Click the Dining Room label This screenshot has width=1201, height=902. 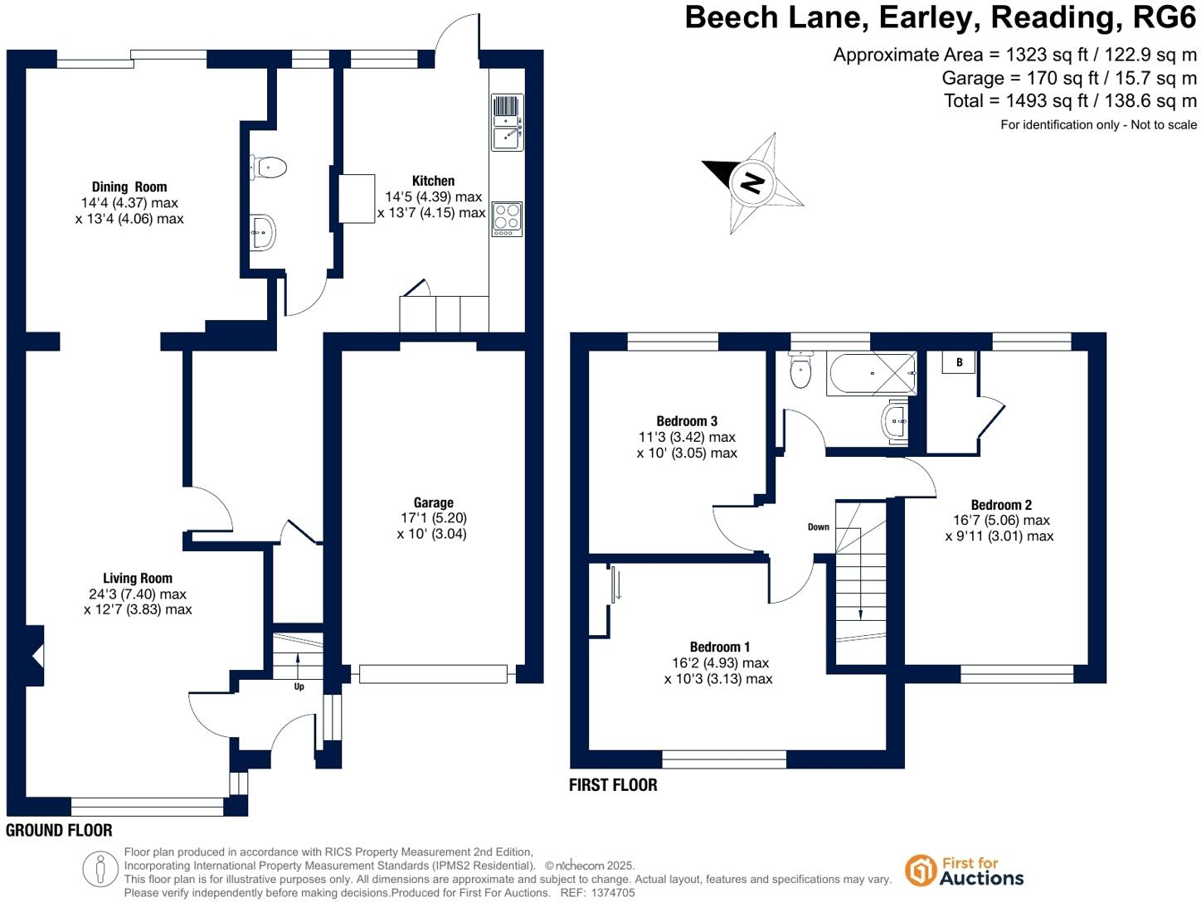coord(129,187)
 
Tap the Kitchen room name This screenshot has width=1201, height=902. coord(433,181)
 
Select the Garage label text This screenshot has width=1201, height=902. coord(433,502)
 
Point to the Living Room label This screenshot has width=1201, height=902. coord(138,579)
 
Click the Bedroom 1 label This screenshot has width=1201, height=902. coord(720,647)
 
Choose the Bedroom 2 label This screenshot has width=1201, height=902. coord(1001,505)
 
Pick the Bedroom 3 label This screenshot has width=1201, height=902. coord(687,421)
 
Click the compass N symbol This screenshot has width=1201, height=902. coord(752,182)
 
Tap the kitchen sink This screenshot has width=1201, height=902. coord(507,123)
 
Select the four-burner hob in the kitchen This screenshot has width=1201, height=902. coord(507,217)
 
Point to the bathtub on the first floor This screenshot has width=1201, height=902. coord(872,373)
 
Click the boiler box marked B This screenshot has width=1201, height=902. coord(959,362)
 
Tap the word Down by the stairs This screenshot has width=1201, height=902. coord(819,527)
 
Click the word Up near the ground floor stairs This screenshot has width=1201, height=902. coord(299,686)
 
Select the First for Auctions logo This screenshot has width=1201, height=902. coord(965,871)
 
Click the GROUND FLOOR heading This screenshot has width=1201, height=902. coord(59,830)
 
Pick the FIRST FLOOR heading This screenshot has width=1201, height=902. coord(613,785)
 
